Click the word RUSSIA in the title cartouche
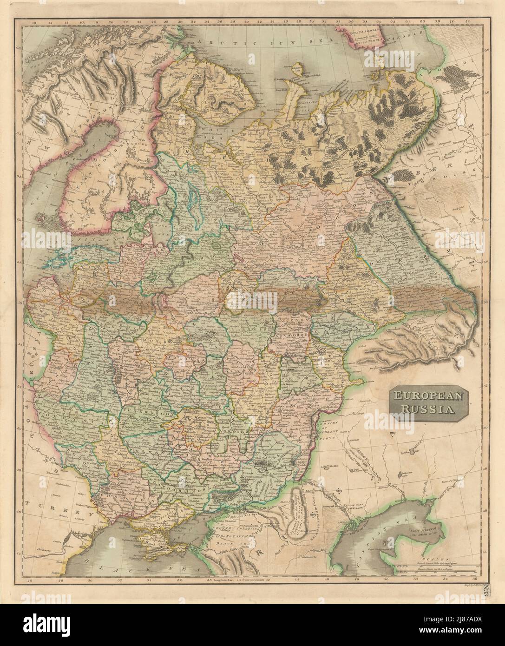coord(423,410)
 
